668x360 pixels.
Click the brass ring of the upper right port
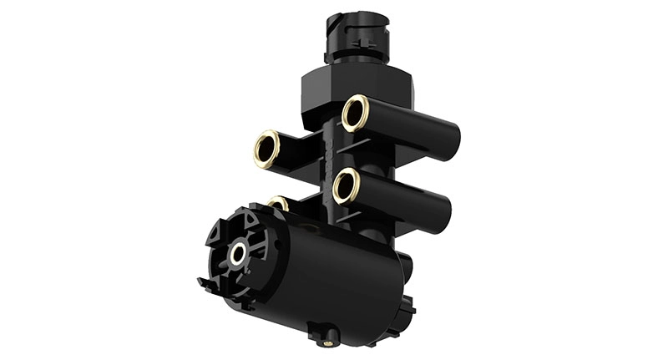tap(355, 112)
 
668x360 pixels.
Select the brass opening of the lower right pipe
tap(345, 185)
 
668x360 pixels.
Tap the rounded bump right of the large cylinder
tap(404, 266)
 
